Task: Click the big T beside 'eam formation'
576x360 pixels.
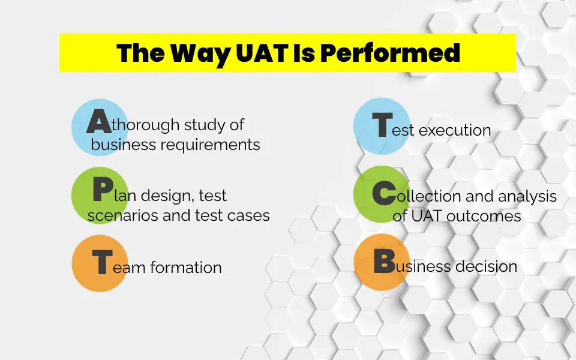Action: point(101,262)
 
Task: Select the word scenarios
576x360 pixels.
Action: point(123,215)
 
